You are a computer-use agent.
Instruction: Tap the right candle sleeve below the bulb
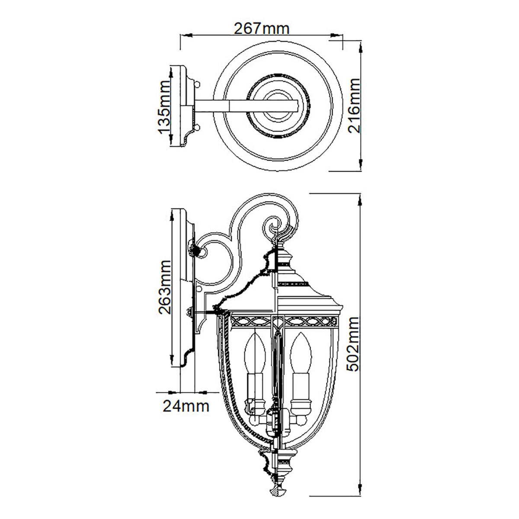pos(300,385)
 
